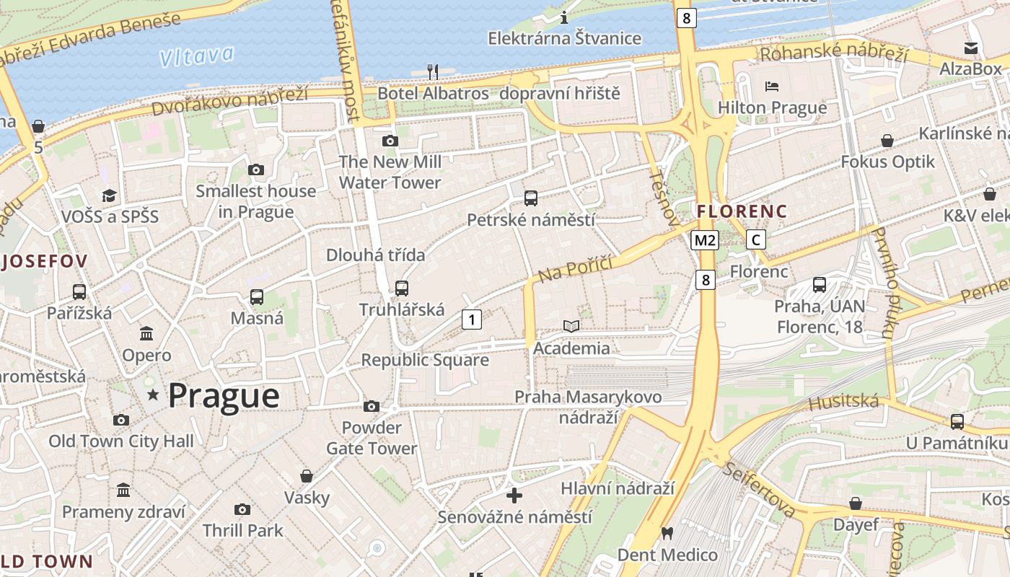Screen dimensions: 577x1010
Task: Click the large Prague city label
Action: click(224, 395)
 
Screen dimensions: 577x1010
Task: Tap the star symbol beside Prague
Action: click(153, 395)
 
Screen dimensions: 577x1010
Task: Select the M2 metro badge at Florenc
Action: click(704, 240)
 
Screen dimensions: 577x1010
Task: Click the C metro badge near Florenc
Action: click(755, 239)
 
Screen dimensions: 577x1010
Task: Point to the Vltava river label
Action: click(196, 56)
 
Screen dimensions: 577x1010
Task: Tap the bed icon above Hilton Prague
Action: click(772, 87)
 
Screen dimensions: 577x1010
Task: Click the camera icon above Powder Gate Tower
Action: click(372, 407)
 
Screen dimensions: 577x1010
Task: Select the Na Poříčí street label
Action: click(575, 269)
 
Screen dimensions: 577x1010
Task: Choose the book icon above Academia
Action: click(571, 327)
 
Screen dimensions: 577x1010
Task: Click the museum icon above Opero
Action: click(146, 333)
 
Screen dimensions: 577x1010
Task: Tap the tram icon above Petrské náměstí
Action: click(531, 198)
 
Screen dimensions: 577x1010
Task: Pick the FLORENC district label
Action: click(741, 211)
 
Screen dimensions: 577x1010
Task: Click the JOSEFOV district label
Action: click(45, 261)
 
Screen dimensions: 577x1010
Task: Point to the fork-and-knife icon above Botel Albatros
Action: click(433, 71)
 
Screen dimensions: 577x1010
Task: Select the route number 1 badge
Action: click(471, 319)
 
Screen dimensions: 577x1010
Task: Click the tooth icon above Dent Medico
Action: click(667, 534)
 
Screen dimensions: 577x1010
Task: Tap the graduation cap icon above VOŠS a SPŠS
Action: click(109, 195)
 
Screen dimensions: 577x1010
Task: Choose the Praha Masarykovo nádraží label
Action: click(588, 407)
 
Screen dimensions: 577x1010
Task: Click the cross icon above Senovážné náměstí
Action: click(514, 495)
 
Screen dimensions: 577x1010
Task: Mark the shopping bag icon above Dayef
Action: click(856, 503)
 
